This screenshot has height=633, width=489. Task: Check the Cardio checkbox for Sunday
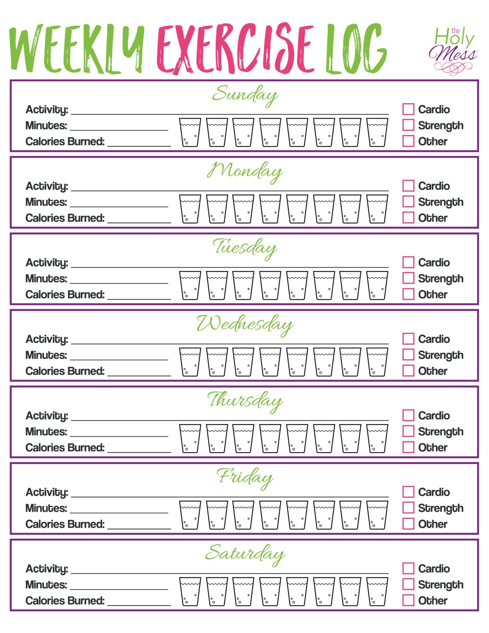(408, 109)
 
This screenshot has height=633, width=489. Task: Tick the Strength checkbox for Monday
(408, 202)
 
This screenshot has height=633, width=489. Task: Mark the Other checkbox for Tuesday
(408, 294)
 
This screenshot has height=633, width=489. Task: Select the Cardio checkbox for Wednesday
(408, 339)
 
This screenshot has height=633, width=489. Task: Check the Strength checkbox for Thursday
(408, 431)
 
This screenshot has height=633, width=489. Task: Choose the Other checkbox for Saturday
(408, 600)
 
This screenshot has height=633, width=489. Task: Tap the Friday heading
(245, 478)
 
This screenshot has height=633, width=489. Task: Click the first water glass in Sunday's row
(190, 132)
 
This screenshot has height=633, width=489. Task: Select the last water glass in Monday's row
(377, 209)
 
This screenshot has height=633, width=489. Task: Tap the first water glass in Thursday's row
(190, 438)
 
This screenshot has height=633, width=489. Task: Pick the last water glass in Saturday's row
(377, 591)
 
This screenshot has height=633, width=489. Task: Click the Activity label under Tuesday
(47, 262)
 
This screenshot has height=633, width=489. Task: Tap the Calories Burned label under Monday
(65, 218)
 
